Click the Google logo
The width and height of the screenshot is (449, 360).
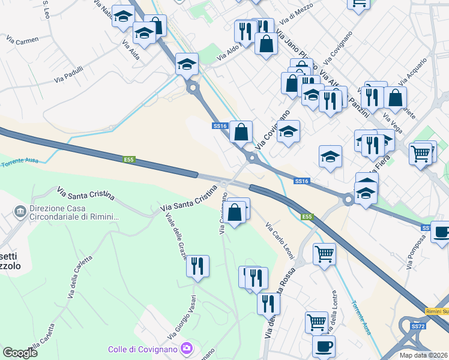20,353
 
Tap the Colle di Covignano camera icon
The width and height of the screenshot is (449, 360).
187,348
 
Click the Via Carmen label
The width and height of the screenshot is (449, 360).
22,40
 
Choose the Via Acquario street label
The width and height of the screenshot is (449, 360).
413,71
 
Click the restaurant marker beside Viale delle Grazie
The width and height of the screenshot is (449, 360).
197,266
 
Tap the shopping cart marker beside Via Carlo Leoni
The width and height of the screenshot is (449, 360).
324,253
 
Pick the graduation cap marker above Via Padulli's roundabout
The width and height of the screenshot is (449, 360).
187,64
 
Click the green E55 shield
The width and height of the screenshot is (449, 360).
307,217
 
